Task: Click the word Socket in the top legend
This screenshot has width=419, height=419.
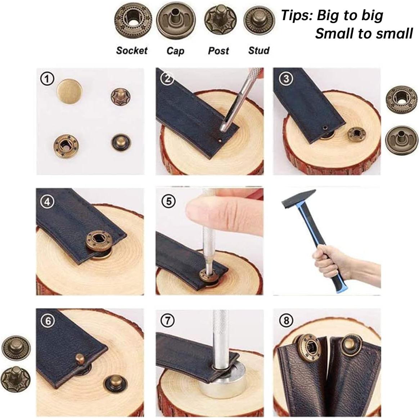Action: [132, 50]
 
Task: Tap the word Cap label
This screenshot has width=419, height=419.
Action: [175, 51]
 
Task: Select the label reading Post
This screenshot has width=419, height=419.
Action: [218, 50]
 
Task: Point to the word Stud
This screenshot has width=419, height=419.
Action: [259, 50]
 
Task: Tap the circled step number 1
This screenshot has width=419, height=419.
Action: [47, 79]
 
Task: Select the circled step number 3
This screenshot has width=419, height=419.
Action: [286, 79]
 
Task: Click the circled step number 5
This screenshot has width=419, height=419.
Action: [169, 201]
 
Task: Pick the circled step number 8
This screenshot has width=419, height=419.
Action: [286, 320]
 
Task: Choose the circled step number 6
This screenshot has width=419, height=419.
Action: [48, 321]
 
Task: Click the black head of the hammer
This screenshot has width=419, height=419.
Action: [299, 199]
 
